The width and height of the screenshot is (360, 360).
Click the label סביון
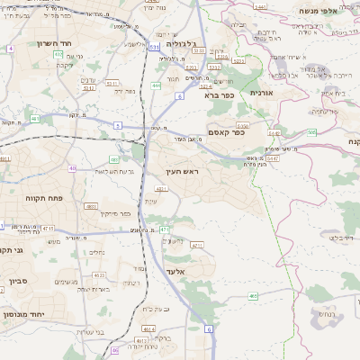tap(18, 282)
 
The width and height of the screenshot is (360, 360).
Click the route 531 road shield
tap(155, 47)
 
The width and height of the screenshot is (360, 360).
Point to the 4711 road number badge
tap(48, 229)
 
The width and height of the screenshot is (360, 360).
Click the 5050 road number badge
tap(241, 126)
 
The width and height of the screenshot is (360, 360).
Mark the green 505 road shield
tap(310, 132)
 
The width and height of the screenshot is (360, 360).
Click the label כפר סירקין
tap(117, 213)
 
